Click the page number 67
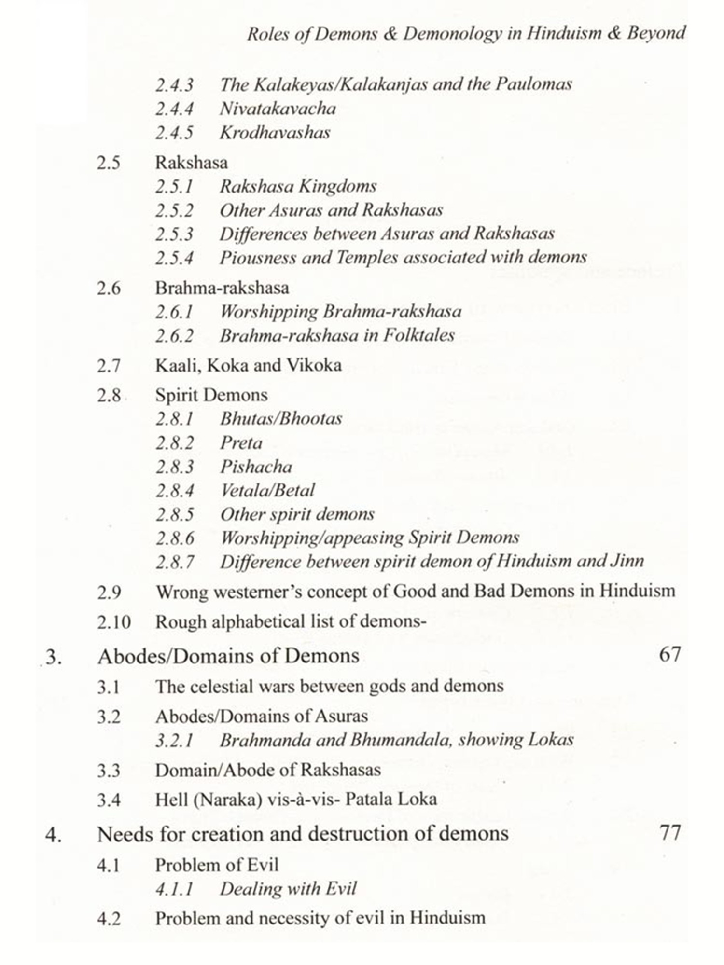pos(669,655)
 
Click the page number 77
pos(669,832)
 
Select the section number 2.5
pos(109,163)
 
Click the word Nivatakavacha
pos(278,109)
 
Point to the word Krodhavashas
pos(275,133)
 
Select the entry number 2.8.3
pos(174,467)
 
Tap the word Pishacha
pos(256,467)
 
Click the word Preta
pos(241,443)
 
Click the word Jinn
pos(627,561)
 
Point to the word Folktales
pos(418,335)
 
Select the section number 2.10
pos(114,622)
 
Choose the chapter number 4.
pos(53,834)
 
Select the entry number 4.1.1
pos(174,889)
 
